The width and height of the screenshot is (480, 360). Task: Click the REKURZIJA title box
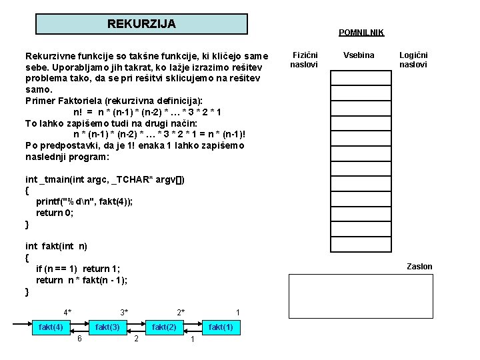[141, 24]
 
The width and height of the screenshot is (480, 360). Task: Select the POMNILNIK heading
[361, 32]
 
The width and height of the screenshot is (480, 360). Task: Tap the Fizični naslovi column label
[305, 60]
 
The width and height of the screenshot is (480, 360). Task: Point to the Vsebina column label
[359, 55]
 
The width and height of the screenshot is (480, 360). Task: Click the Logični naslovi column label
[413, 60]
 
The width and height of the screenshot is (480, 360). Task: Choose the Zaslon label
[419, 267]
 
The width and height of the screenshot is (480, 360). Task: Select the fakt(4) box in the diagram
[51, 327]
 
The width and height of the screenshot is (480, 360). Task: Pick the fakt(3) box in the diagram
[108, 327]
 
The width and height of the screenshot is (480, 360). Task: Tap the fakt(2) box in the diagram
[165, 327]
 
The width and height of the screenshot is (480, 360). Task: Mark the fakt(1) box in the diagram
[221, 327]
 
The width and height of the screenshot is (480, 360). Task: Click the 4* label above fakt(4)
[67, 312]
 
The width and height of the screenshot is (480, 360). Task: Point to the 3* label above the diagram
[124, 312]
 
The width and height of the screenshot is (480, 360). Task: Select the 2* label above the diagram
[181, 312]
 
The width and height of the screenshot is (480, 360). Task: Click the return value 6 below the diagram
[79, 340]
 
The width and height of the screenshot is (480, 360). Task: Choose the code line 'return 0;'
[55, 213]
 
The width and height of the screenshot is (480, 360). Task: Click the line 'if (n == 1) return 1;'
[78, 269]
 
